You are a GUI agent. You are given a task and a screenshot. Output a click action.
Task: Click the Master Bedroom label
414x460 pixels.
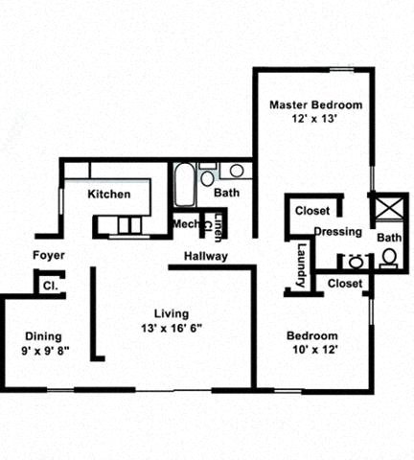click(313, 104)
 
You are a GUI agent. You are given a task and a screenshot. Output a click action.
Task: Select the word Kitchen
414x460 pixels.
click(109, 195)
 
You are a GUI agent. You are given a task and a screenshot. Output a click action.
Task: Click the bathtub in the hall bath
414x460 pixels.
click(185, 187)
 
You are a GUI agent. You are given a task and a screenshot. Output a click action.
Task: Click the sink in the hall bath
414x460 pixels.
click(236, 172)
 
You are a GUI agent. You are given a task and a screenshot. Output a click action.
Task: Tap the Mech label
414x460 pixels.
click(184, 224)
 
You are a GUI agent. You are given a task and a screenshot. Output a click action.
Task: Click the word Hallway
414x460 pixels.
click(205, 256)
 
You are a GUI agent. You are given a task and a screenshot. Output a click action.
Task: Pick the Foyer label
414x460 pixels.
click(48, 255)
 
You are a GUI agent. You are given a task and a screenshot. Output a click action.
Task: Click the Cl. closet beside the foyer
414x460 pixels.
click(47, 284)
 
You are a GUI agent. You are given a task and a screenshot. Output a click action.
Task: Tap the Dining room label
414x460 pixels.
click(43, 336)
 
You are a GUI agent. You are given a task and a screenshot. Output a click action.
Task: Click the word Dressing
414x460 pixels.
click(337, 232)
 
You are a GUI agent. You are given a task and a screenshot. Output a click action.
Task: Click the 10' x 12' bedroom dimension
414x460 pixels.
click(312, 351)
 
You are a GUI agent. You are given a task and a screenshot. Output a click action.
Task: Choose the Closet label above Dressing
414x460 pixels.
click(312, 211)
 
